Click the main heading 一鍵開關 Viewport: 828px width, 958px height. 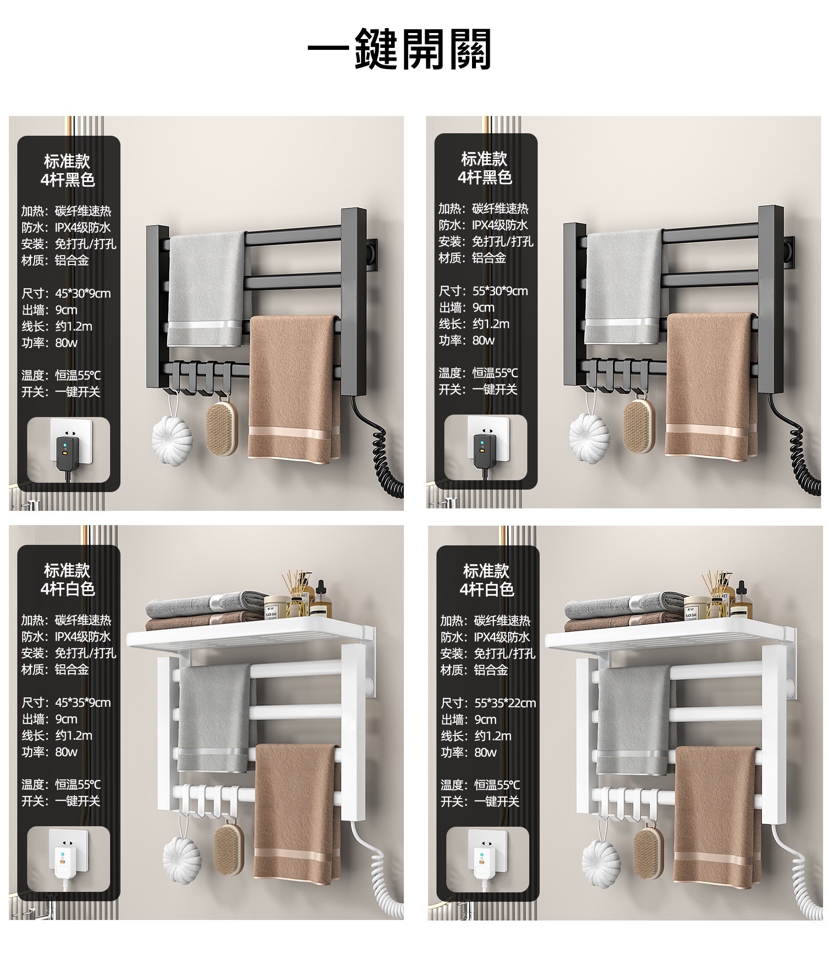point(399,49)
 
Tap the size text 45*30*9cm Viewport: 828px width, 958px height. point(83,294)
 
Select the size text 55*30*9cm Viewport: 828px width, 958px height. point(500,291)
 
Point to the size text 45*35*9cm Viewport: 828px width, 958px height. point(83,703)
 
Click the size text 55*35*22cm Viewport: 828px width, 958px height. point(505,703)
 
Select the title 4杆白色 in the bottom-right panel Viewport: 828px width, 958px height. point(487,589)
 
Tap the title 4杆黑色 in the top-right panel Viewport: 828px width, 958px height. point(485,177)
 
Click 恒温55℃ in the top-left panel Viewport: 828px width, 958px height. point(78,376)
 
